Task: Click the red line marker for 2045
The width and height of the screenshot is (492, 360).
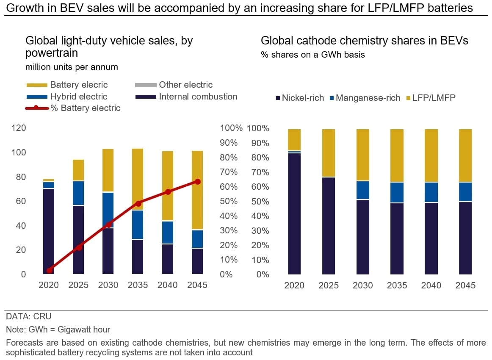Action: pos(197,182)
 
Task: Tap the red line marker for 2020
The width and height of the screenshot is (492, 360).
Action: pos(49,270)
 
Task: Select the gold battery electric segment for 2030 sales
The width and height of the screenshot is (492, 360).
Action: pos(108,170)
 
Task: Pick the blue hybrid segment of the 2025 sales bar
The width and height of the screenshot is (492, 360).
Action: pos(78,193)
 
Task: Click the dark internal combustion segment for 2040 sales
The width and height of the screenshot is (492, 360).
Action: pos(168,259)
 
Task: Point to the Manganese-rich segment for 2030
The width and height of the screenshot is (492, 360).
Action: pos(363,190)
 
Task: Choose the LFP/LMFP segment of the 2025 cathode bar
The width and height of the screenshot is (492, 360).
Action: pos(329,153)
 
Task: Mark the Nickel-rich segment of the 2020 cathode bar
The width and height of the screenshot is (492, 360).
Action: pos(294,214)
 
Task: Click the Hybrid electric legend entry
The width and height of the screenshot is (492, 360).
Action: pos(67,97)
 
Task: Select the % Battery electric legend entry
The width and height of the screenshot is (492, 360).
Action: pos(73,108)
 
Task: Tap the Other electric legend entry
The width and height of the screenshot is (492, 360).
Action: pos(174,85)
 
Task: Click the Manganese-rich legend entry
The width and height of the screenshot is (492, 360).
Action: pos(365,98)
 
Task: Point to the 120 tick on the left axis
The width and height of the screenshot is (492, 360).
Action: pos(19,128)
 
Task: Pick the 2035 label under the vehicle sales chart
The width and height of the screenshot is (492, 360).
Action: pos(138,285)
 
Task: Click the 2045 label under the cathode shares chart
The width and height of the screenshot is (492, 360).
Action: pos(465,285)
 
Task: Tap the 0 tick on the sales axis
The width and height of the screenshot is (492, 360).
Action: pos(23,274)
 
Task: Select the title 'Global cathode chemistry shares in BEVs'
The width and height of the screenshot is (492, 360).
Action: pos(364,41)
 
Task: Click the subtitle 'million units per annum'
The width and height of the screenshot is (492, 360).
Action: pos(72,67)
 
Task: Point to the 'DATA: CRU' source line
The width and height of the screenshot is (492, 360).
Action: pos(28,316)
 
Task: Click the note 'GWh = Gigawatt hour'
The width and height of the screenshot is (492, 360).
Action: pos(69,330)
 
